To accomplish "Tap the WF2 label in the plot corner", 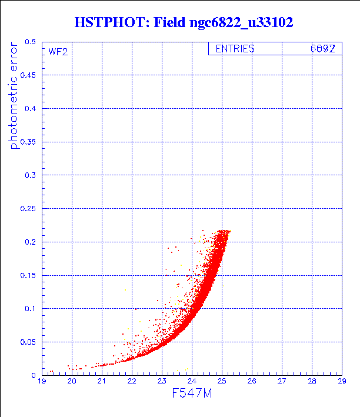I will point(58,52).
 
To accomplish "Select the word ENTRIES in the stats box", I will point(235,49).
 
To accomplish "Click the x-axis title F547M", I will point(191,393).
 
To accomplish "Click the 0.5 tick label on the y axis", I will point(30,42).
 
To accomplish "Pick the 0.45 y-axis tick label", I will point(28,76).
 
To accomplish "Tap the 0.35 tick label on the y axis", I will point(28,142).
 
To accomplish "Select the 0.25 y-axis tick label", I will point(28,209).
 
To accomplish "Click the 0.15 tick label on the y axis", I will point(28,275).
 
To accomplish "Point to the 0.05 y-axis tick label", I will point(28,342).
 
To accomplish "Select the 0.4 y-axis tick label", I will point(30,109).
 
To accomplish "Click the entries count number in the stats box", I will point(323,49).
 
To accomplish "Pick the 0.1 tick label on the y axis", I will point(30,308).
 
